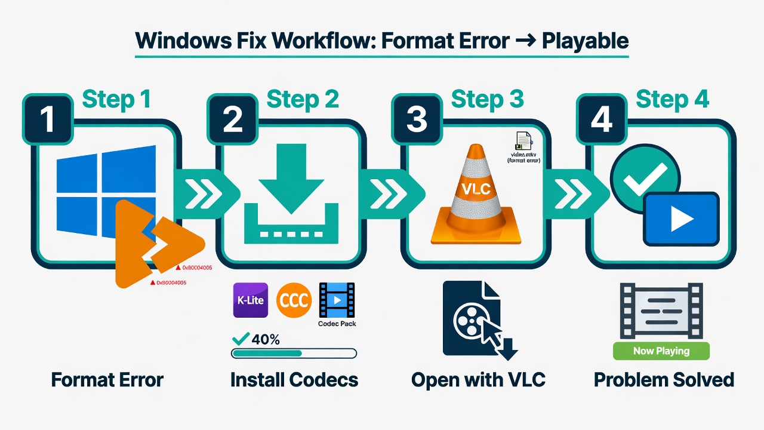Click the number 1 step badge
tap(47, 119)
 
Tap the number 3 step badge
tap(417, 119)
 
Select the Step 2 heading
tap(303, 99)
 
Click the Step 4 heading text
tap(672, 99)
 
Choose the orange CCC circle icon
tap(294, 300)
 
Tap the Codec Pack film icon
tap(337, 300)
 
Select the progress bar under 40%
tap(294, 353)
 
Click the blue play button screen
tap(680, 219)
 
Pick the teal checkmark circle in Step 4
tap(643, 176)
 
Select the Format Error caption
tap(107, 380)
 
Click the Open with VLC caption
tap(478, 380)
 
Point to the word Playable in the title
tap(585, 41)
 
